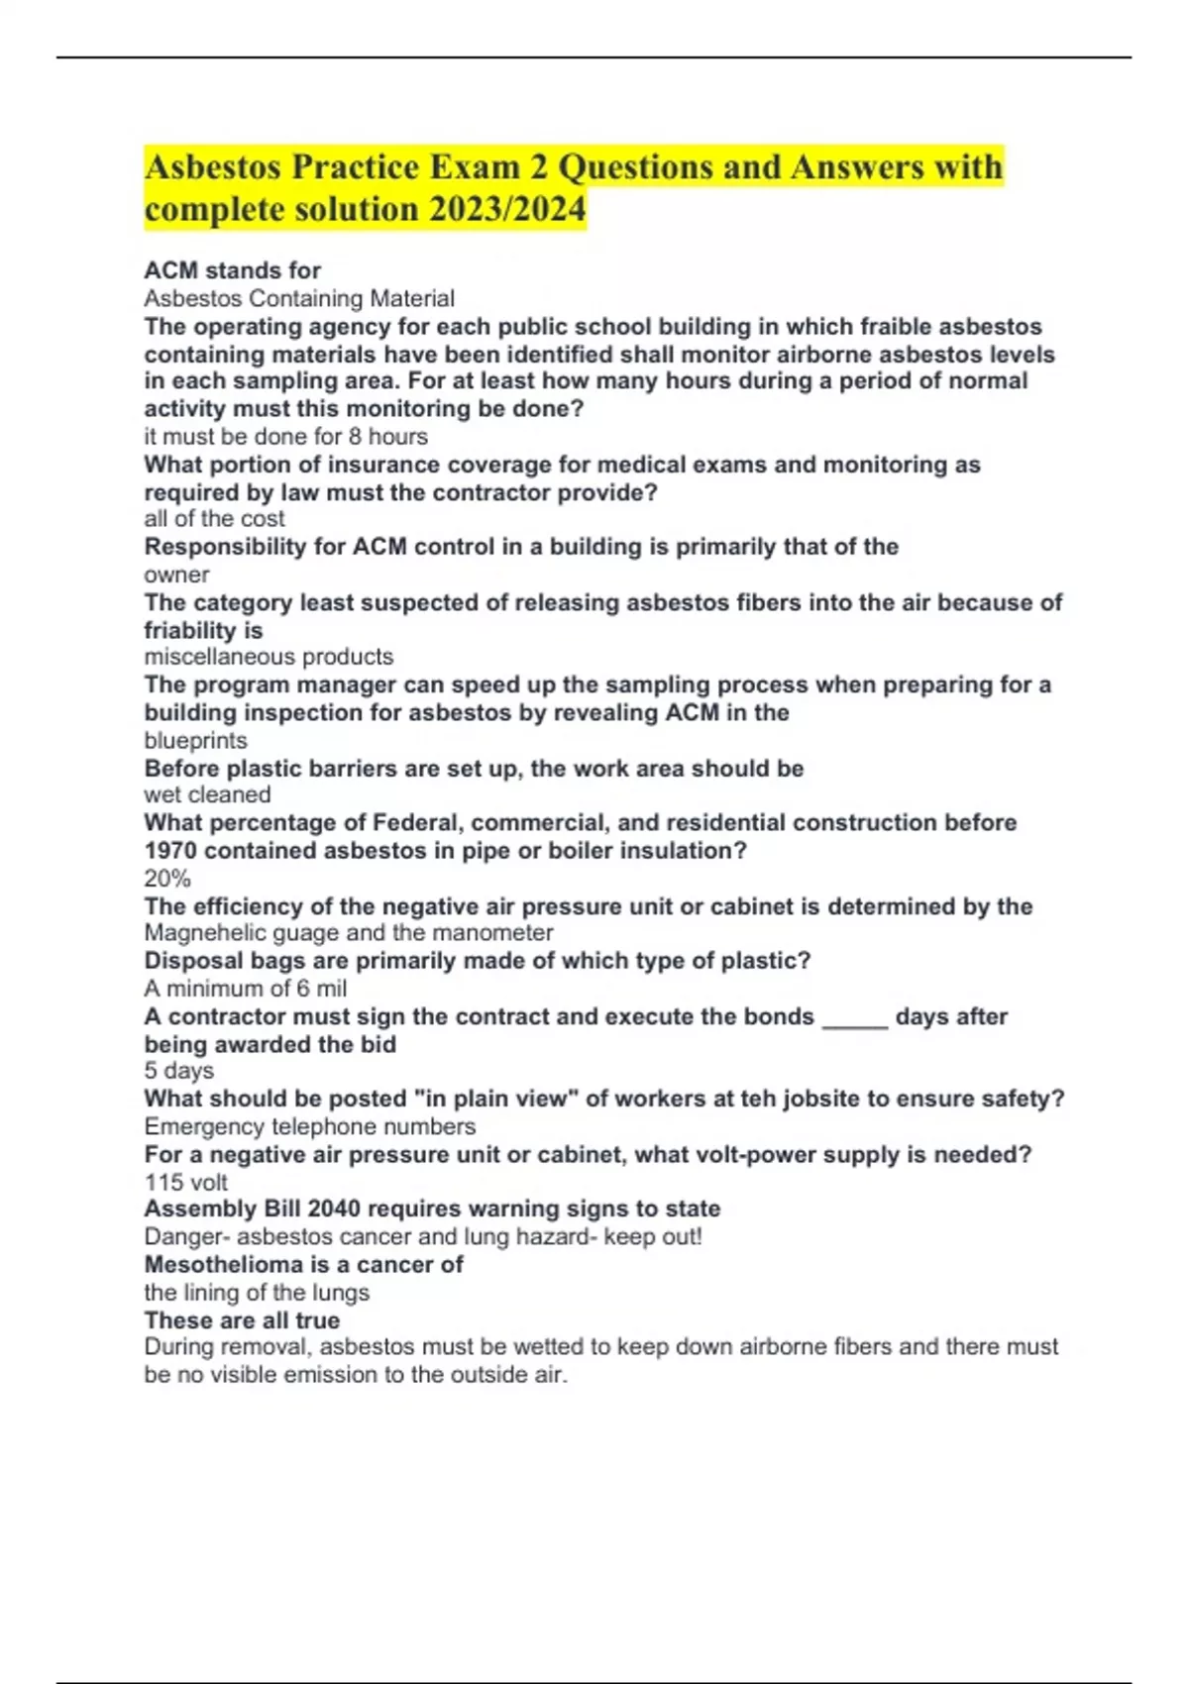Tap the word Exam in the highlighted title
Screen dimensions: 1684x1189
pos(475,166)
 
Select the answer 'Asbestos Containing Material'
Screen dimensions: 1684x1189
pos(299,298)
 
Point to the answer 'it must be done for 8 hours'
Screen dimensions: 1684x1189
pos(285,436)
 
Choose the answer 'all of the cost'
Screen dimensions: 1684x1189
pos(214,518)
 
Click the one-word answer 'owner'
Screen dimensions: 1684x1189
pos(176,575)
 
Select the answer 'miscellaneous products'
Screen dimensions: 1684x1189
pos(269,656)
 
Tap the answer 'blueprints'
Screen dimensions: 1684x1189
pos(195,740)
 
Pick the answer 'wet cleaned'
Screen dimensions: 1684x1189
pos(207,794)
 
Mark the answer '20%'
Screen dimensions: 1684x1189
pos(167,878)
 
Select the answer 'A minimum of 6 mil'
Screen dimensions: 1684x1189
pos(245,988)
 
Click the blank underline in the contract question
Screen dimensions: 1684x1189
pos(854,1018)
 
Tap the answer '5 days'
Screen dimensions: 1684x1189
pos(178,1070)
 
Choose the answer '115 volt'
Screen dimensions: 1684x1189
pos(185,1182)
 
